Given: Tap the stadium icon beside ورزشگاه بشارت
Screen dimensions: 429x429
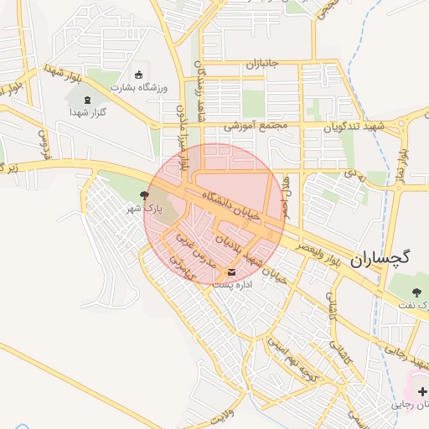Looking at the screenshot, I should tap(139, 75).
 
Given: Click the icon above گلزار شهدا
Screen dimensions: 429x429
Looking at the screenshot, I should tap(88, 101).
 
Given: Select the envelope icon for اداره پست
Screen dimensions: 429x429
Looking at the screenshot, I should tap(232, 271).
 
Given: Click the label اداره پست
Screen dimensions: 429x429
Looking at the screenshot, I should tap(233, 284).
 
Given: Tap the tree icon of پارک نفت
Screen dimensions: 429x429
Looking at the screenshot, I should tap(416, 292).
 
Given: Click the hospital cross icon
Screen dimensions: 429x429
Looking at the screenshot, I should tap(421, 391).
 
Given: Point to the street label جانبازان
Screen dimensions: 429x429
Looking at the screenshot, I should tap(261, 64).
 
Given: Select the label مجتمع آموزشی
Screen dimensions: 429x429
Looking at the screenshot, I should tap(255, 127).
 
